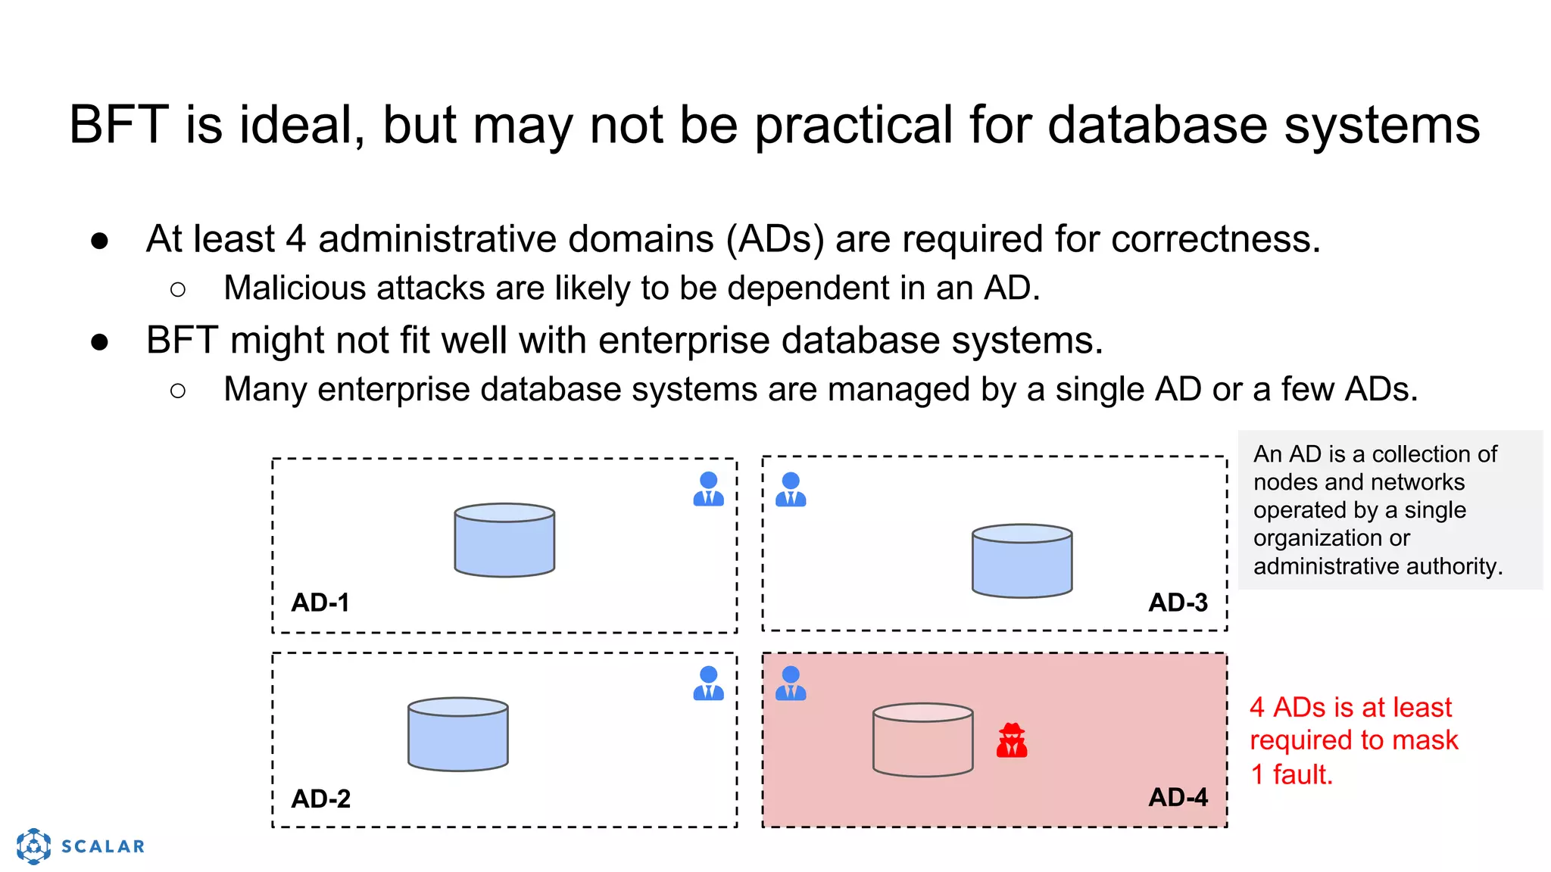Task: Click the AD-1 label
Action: coord(320,603)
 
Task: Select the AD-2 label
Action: coord(321,799)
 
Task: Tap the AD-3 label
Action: coord(1178,603)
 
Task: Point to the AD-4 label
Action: coord(1178,797)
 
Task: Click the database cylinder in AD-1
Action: coord(504,540)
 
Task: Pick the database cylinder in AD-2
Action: coord(457,734)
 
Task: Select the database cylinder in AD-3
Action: coord(1022,561)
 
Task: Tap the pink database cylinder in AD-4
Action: coord(922,740)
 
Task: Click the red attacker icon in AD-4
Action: coord(1012,740)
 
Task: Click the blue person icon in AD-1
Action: coord(708,489)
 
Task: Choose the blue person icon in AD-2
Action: coord(708,684)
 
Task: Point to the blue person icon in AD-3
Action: coord(791,489)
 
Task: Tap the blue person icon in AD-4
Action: coord(791,684)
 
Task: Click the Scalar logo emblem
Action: coord(33,846)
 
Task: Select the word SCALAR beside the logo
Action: coord(103,846)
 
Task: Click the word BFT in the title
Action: coord(118,125)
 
